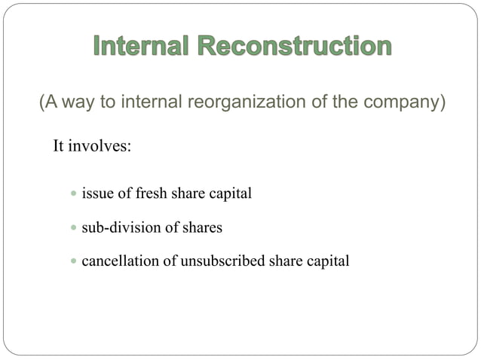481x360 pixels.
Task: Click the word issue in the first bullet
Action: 96,194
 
